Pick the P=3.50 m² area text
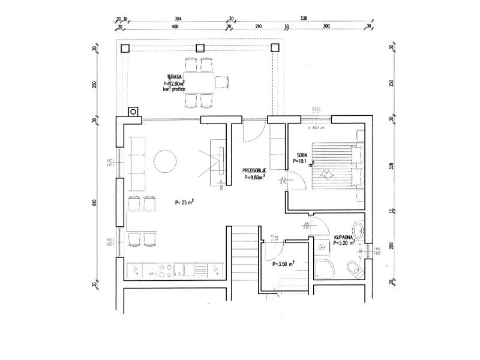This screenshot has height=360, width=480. pyautogui.click(x=283, y=263)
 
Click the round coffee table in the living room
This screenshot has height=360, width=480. pyautogui.click(x=165, y=161)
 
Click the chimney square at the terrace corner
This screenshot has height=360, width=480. pyautogui.click(x=133, y=111)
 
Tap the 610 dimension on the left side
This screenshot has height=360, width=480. pyautogui.click(x=95, y=202)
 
